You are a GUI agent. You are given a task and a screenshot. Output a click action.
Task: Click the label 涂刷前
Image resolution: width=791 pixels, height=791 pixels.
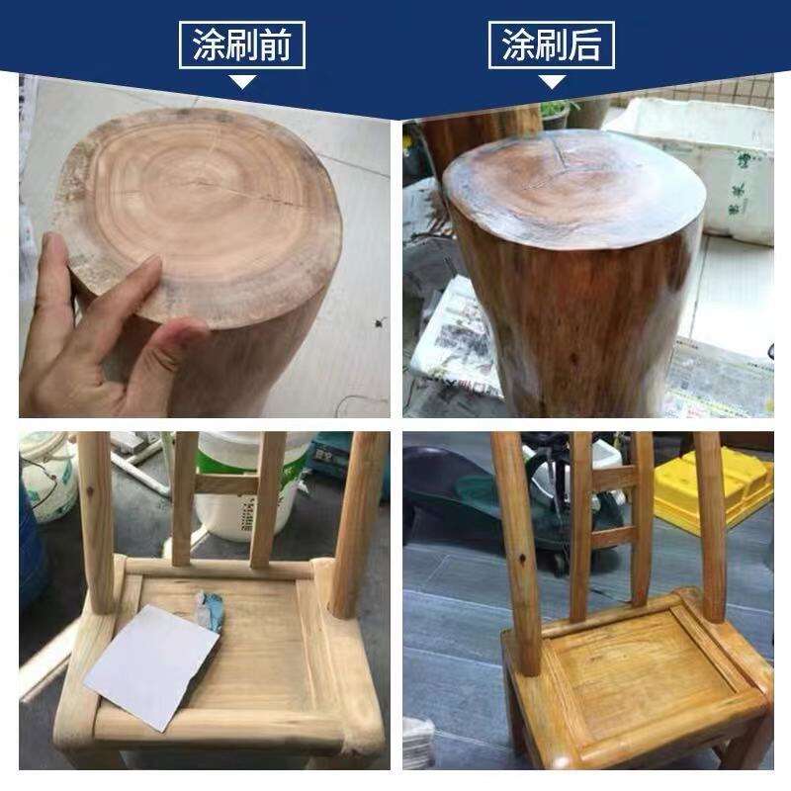[x=242, y=44]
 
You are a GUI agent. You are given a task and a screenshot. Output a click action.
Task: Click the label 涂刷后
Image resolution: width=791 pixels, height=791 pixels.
[x=552, y=44]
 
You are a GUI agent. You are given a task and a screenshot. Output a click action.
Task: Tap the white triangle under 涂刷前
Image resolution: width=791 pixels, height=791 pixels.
[x=242, y=82]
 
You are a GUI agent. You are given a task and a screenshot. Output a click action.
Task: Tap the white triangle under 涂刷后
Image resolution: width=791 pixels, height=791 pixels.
[x=552, y=82]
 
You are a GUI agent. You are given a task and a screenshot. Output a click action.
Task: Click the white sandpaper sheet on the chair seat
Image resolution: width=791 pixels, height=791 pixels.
[x=151, y=666]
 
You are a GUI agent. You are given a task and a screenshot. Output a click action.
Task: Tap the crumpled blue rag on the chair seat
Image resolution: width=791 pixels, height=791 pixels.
[x=211, y=609]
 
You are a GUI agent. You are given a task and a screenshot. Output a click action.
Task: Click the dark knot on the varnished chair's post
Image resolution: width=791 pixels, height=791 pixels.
[x=522, y=559]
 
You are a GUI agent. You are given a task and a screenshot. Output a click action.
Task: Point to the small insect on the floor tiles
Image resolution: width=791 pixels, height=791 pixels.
[x=381, y=322]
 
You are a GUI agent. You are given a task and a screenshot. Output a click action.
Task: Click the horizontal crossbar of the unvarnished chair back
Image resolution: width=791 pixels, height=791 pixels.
[x=227, y=483]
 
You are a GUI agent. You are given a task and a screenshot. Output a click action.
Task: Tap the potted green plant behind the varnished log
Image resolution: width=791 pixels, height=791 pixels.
[x=558, y=114]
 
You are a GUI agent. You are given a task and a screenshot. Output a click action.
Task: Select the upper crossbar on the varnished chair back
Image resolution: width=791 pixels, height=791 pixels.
[x=612, y=478]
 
